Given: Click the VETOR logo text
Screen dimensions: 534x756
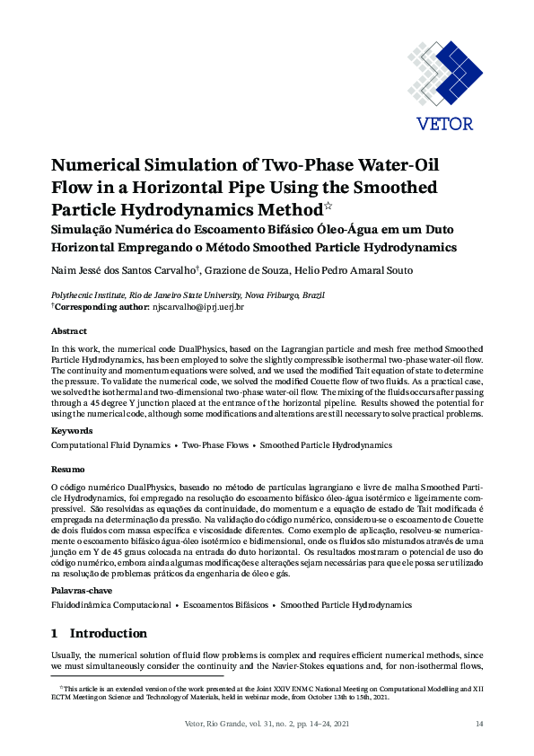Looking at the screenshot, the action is [x=445, y=123].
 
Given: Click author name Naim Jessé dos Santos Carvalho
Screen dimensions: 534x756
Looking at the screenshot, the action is [x=124, y=270].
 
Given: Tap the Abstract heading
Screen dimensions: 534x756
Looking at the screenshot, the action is [x=68, y=330].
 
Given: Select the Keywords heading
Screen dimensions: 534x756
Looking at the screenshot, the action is [x=71, y=432].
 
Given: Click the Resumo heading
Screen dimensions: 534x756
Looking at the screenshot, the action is [x=67, y=470].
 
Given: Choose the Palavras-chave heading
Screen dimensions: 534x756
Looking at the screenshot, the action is [x=81, y=592].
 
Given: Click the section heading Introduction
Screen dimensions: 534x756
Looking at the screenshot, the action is [x=108, y=633].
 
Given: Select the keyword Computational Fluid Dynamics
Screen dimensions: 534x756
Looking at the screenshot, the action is [x=110, y=445].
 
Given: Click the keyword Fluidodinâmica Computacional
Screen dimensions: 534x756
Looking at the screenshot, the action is [x=110, y=605].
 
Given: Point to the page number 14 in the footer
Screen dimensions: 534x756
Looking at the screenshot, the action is [x=478, y=725].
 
